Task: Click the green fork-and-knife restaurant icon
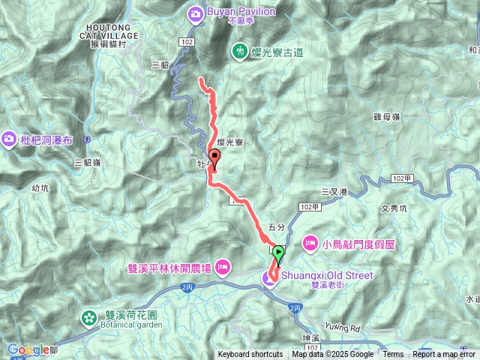pos(238,51)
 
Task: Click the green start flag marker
pos(279,253)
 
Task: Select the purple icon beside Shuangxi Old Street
pos(268,280)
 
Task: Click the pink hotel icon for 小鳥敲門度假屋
pos(309,243)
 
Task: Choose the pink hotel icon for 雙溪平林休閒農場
pos(223,267)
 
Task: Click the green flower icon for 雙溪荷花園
pos(89,318)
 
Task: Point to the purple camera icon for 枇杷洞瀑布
pos(10,138)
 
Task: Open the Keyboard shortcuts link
pos(250,355)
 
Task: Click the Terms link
pos(393,355)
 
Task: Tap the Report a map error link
pos(444,355)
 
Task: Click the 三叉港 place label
pos(334,192)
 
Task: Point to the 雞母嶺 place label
pos(385,117)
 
